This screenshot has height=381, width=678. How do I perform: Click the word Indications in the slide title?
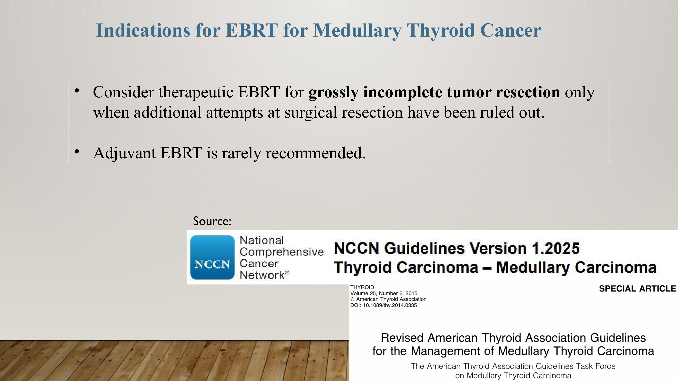point(143,30)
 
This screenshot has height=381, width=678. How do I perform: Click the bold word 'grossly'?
point(333,93)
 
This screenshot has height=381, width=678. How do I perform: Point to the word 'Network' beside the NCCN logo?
point(262,275)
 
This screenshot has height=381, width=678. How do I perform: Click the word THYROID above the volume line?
point(362,287)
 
